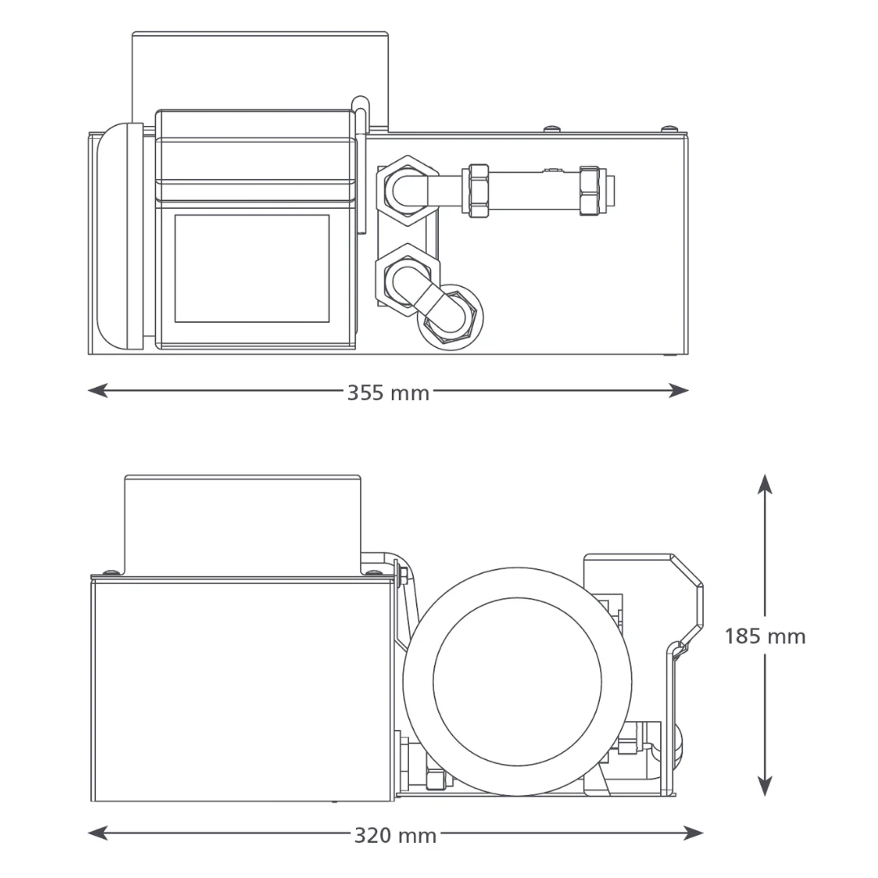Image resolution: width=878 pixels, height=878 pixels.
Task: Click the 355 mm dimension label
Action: pos(388,393)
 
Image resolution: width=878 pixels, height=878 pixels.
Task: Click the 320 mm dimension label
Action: pos(395,836)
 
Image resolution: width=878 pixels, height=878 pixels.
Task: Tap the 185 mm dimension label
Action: pos(765,636)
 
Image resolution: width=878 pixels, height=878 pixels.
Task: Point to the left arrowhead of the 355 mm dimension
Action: pos(98,390)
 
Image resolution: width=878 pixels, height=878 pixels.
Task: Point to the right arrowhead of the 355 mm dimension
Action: pos(679,390)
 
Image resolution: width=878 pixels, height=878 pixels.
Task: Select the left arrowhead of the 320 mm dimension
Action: pos(98,833)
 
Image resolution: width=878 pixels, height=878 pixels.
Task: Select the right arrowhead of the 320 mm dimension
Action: pos(693,833)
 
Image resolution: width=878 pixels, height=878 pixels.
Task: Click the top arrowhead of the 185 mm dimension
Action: pos(765,485)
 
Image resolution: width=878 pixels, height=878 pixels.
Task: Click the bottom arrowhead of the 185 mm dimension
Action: pos(765,785)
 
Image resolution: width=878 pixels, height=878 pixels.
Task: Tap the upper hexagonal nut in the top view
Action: pos(408,190)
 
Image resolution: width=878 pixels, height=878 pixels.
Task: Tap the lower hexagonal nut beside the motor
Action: pos(408,278)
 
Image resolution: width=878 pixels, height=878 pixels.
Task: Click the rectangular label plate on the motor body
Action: pos(252,268)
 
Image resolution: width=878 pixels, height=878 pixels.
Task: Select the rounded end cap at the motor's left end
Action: pos(120,237)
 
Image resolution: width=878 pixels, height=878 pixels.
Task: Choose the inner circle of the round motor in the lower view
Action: pos(517,681)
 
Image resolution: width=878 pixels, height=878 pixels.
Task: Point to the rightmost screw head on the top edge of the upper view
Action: pos(667,129)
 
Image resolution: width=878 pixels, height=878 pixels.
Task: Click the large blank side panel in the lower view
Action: pos(242,690)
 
